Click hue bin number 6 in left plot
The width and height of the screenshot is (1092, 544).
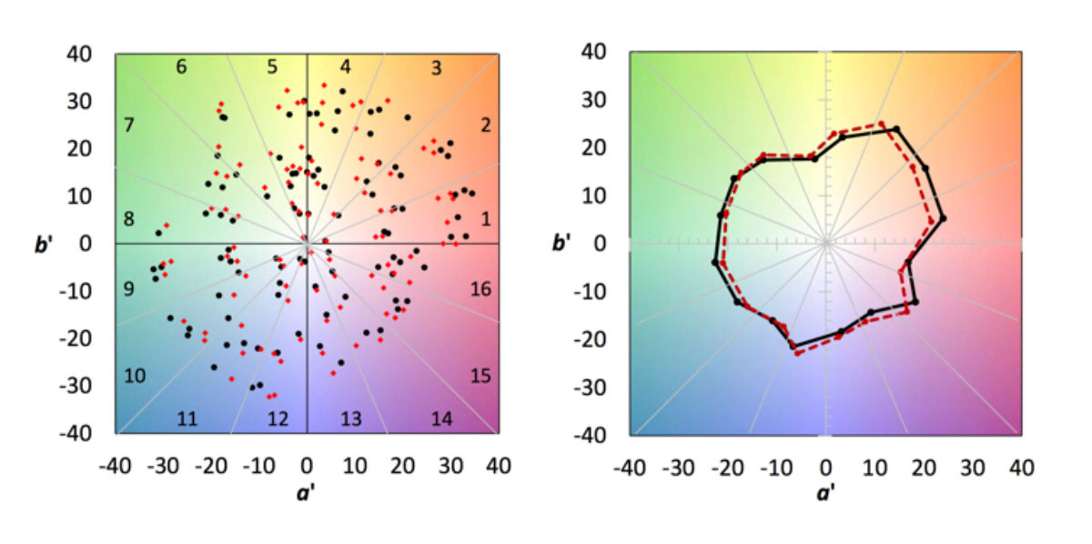coord(181,67)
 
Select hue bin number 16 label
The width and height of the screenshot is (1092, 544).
coord(480,289)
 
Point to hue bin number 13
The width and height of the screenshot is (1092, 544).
coord(351,418)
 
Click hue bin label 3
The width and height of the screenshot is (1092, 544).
coord(436,67)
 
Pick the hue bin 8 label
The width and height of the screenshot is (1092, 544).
coord(129,219)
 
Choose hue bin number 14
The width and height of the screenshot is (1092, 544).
coord(442,418)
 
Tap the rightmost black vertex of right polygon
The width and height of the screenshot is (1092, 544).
coord(942,218)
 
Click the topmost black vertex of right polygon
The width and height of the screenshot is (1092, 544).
coord(895,129)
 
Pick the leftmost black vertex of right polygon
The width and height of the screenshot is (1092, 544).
coord(715,262)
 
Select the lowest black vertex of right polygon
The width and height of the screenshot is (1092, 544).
coord(792,346)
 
